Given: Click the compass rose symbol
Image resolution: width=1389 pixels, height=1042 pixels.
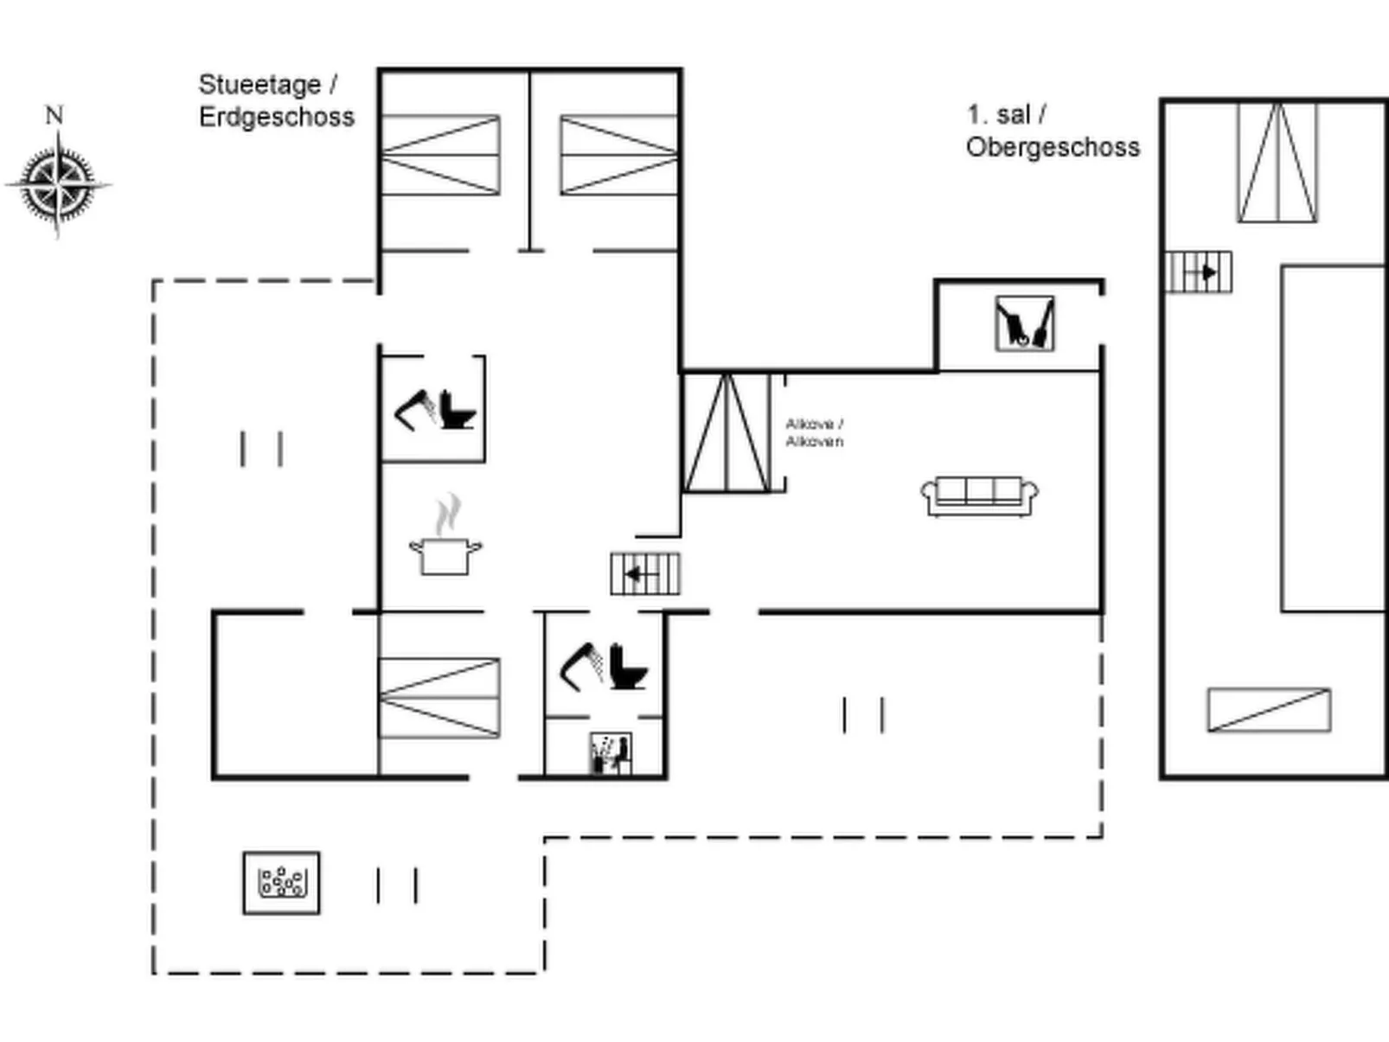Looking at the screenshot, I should (58, 184).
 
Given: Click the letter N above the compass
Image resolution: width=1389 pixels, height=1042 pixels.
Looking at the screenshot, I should (54, 115).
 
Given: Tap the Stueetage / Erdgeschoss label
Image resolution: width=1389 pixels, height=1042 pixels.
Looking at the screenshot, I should (276, 100).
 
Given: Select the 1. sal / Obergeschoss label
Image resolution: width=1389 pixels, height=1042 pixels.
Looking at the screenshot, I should (1052, 131).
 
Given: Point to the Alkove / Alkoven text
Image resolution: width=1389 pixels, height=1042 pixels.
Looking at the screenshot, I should (814, 432).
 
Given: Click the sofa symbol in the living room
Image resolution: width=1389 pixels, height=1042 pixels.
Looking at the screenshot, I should (979, 495).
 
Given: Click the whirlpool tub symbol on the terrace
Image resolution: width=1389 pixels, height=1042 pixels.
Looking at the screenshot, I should (281, 883).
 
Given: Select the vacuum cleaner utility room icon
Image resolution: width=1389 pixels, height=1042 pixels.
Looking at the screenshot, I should (1025, 324).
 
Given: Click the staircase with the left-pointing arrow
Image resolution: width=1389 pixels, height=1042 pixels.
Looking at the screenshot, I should (644, 574).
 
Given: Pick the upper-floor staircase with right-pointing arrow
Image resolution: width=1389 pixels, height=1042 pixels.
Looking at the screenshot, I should (1199, 272).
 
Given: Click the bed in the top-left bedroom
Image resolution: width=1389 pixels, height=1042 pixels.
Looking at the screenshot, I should (441, 155).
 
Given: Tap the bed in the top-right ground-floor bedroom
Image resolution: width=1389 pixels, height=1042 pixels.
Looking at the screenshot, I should (618, 155).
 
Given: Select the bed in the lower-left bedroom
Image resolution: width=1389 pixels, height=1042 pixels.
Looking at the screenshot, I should (439, 698).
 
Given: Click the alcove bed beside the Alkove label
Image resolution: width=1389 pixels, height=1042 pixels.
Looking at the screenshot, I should (727, 432).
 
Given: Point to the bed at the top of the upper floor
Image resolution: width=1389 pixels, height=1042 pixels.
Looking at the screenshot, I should (1277, 163).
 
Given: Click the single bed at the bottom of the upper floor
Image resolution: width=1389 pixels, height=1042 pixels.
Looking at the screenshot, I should (1269, 710).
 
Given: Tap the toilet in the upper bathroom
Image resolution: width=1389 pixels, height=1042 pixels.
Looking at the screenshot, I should (458, 410).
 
